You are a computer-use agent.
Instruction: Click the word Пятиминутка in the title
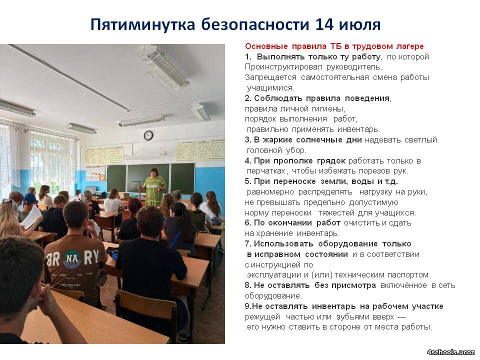point(142,24)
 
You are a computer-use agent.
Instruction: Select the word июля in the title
point(359,25)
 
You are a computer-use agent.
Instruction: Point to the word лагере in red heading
point(410,46)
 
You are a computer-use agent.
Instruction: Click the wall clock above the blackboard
point(148,135)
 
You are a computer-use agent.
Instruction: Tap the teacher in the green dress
point(154,186)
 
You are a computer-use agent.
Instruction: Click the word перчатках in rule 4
point(266,171)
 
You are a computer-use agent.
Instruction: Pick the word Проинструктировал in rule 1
point(283,67)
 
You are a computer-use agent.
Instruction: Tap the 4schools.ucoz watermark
point(451,352)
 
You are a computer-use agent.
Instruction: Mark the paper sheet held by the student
point(31,216)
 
